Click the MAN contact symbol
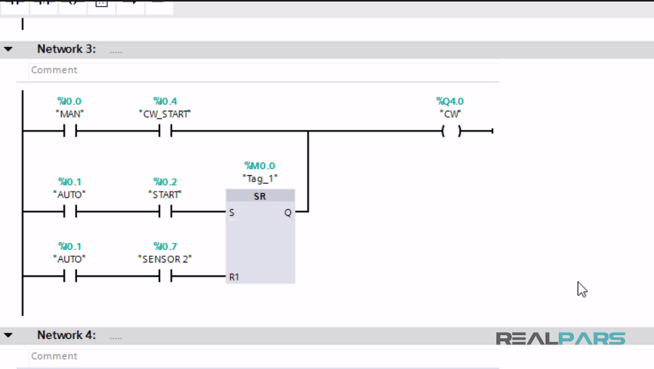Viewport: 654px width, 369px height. [x=70, y=131]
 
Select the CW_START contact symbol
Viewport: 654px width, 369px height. [x=165, y=131]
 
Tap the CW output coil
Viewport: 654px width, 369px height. [x=451, y=131]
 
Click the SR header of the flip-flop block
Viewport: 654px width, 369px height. [x=260, y=197]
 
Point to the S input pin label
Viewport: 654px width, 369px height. [x=232, y=212]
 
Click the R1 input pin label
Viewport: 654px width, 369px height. [x=233, y=277]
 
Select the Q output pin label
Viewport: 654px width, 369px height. [x=288, y=212]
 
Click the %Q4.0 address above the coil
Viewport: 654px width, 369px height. [x=450, y=101]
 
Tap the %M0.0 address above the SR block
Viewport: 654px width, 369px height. [x=259, y=165]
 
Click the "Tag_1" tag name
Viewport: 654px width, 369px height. [x=259, y=178]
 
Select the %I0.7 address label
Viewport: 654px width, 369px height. [x=165, y=246]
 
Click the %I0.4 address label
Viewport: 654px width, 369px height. [x=165, y=101]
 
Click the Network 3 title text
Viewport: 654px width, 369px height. [x=66, y=49]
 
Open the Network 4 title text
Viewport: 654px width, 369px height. [x=66, y=335]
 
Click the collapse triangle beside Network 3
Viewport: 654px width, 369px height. [x=8, y=49]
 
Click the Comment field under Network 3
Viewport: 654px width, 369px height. [x=262, y=70]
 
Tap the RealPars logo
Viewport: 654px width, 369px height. [x=560, y=339]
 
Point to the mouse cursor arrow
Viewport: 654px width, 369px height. [x=582, y=289]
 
